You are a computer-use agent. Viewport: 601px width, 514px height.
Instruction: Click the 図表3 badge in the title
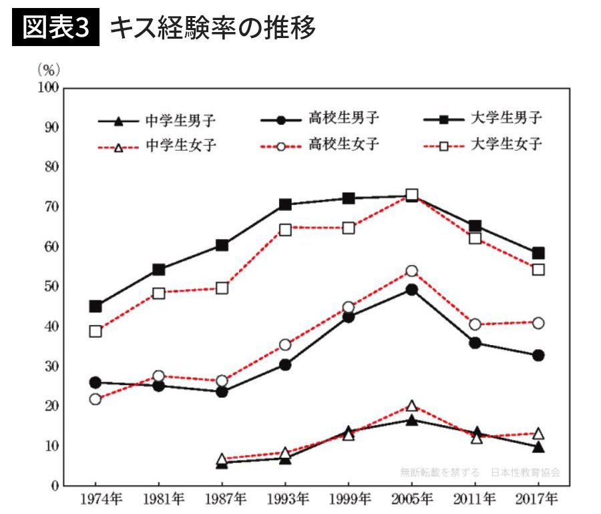(x=55, y=28)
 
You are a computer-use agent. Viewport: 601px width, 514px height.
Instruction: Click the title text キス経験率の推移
(x=212, y=28)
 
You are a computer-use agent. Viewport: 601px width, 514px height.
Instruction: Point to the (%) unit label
(x=49, y=69)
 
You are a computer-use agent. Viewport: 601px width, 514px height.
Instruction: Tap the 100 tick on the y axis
(x=49, y=87)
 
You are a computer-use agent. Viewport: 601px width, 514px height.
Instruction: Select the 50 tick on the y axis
(x=51, y=286)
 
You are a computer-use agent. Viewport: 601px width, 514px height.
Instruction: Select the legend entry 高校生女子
(x=343, y=145)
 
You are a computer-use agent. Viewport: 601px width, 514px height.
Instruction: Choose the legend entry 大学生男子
(x=506, y=119)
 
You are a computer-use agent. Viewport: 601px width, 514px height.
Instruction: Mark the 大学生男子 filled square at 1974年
(x=95, y=306)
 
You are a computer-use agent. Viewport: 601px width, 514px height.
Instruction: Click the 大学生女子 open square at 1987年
(x=222, y=288)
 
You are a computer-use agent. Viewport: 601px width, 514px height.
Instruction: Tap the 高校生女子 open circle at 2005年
(x=412, y=271)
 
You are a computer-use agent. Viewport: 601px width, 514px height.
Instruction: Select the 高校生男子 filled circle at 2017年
(x=538, y=355)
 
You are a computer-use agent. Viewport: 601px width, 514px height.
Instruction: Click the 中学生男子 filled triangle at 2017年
(x=538, y=447)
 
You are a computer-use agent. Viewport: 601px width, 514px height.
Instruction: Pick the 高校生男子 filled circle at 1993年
(x=285, y=364)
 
